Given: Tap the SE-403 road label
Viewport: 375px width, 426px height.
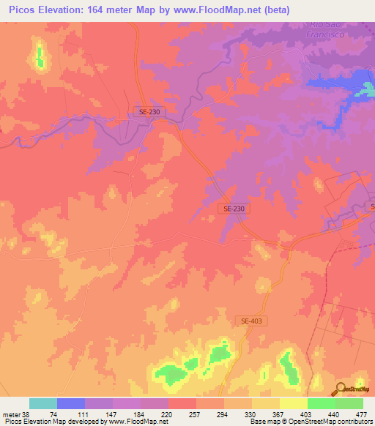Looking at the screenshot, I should (250, 321).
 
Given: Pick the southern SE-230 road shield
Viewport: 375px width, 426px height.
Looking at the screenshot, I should (234, 209).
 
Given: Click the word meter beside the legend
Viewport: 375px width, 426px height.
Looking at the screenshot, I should (11, 414).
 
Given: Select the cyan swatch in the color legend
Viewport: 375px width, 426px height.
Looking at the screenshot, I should (43, 403).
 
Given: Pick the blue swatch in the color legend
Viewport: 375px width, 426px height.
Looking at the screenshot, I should (71, 403).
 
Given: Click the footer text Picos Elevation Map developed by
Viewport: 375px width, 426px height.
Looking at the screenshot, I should (55, 422).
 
